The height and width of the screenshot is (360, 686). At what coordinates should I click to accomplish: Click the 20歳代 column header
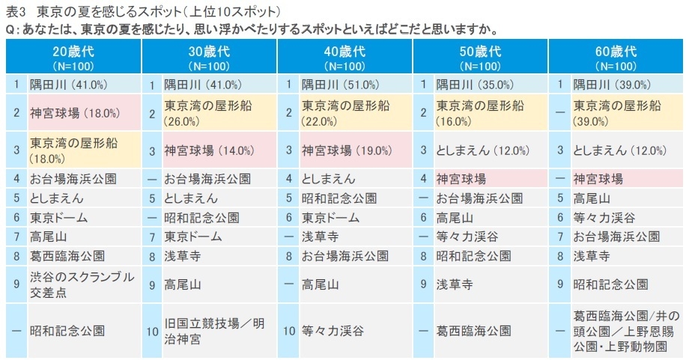click(73, 58)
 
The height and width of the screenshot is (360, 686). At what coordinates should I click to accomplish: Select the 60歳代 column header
click(616, 58)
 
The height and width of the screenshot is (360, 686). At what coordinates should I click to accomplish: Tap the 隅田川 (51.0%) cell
click(343, 84)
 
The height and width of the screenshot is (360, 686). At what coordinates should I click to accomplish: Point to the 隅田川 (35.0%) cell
click(479, 84)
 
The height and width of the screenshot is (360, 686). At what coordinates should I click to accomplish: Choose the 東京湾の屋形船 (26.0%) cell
click(207, 113)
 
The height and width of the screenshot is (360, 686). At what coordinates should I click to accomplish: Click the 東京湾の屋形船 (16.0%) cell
click(480, 113)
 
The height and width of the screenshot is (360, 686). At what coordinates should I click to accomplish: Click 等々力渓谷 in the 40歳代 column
click(333, 330)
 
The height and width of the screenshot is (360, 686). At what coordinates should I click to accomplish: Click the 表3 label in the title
click(14, 13)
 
